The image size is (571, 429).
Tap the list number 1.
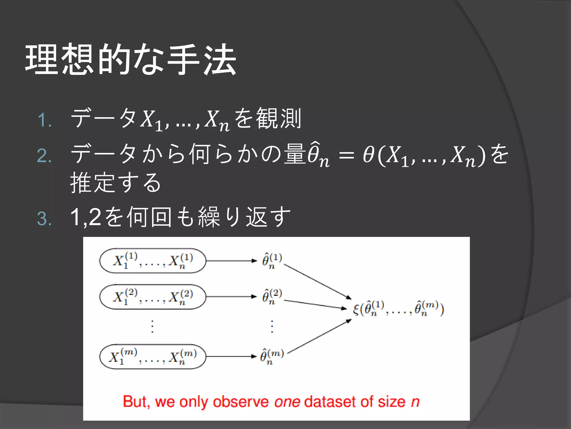[x=45, y=120]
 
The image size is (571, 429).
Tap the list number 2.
[x=45, y=156]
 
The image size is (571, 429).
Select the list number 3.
[x=45, y=218]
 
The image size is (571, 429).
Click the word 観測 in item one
[x=279, y=119]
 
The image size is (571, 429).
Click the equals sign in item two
[x=346, y=155]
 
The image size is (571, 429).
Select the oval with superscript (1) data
[x=153, y=261]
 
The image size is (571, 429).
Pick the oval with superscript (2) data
[x=153, y=297]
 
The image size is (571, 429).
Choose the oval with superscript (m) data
[x=153, y=357]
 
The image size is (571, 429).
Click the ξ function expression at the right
[x=398, y=309]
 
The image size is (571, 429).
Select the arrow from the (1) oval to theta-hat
[x=231, y=261]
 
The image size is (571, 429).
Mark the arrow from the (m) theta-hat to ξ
[x=319, y=337]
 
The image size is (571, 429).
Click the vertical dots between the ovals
[x=152, y=326]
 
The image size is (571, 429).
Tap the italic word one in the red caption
[x=287, y=402]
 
